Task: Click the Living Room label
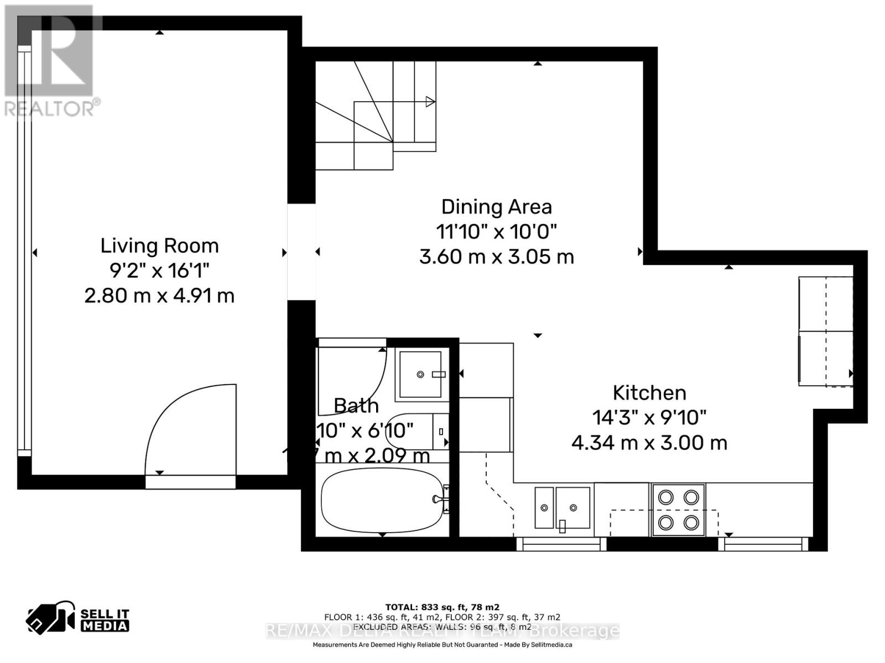point(159,246)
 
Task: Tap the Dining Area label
point(496,207)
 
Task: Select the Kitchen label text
point(649,393)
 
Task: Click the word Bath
point(356,406)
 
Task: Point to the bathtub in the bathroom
point(382,500)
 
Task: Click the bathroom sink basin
point(420,374)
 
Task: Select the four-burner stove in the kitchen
point(679,509)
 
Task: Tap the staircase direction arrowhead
point(430,102)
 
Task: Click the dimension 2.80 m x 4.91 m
point(159,296)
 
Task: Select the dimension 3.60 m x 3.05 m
point(496,257)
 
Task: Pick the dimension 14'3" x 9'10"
point(649,418)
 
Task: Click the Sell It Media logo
point(78,619)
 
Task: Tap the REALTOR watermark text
point(53,108)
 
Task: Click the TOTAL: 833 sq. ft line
point(442,607)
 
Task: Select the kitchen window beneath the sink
point(561,545)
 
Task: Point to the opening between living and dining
point(301,252)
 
